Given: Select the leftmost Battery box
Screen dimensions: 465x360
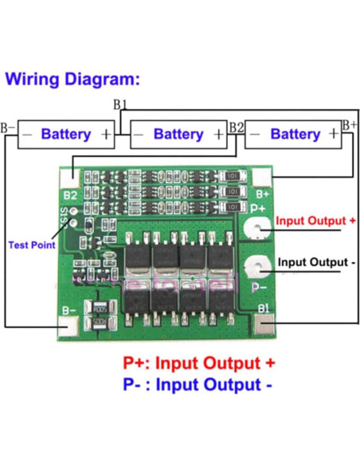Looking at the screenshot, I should [65, 134].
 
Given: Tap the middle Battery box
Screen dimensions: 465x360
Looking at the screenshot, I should [178, 134].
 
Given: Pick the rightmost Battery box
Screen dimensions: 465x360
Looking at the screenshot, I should [294, 134].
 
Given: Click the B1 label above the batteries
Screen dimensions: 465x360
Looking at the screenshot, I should [120, 104].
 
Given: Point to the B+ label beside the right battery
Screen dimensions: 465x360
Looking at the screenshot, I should [349, 125].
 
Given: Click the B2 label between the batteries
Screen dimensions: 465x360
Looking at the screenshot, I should [236, 127].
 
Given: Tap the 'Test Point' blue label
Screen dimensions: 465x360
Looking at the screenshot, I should [31, 245].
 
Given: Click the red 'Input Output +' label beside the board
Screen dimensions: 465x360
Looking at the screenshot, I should [315, 220].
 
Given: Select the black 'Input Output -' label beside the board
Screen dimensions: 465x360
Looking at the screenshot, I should [315, 262].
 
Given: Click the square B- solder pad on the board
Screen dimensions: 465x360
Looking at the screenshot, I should [69, 325].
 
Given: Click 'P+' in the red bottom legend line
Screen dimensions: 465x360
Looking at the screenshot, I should [135, 363].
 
